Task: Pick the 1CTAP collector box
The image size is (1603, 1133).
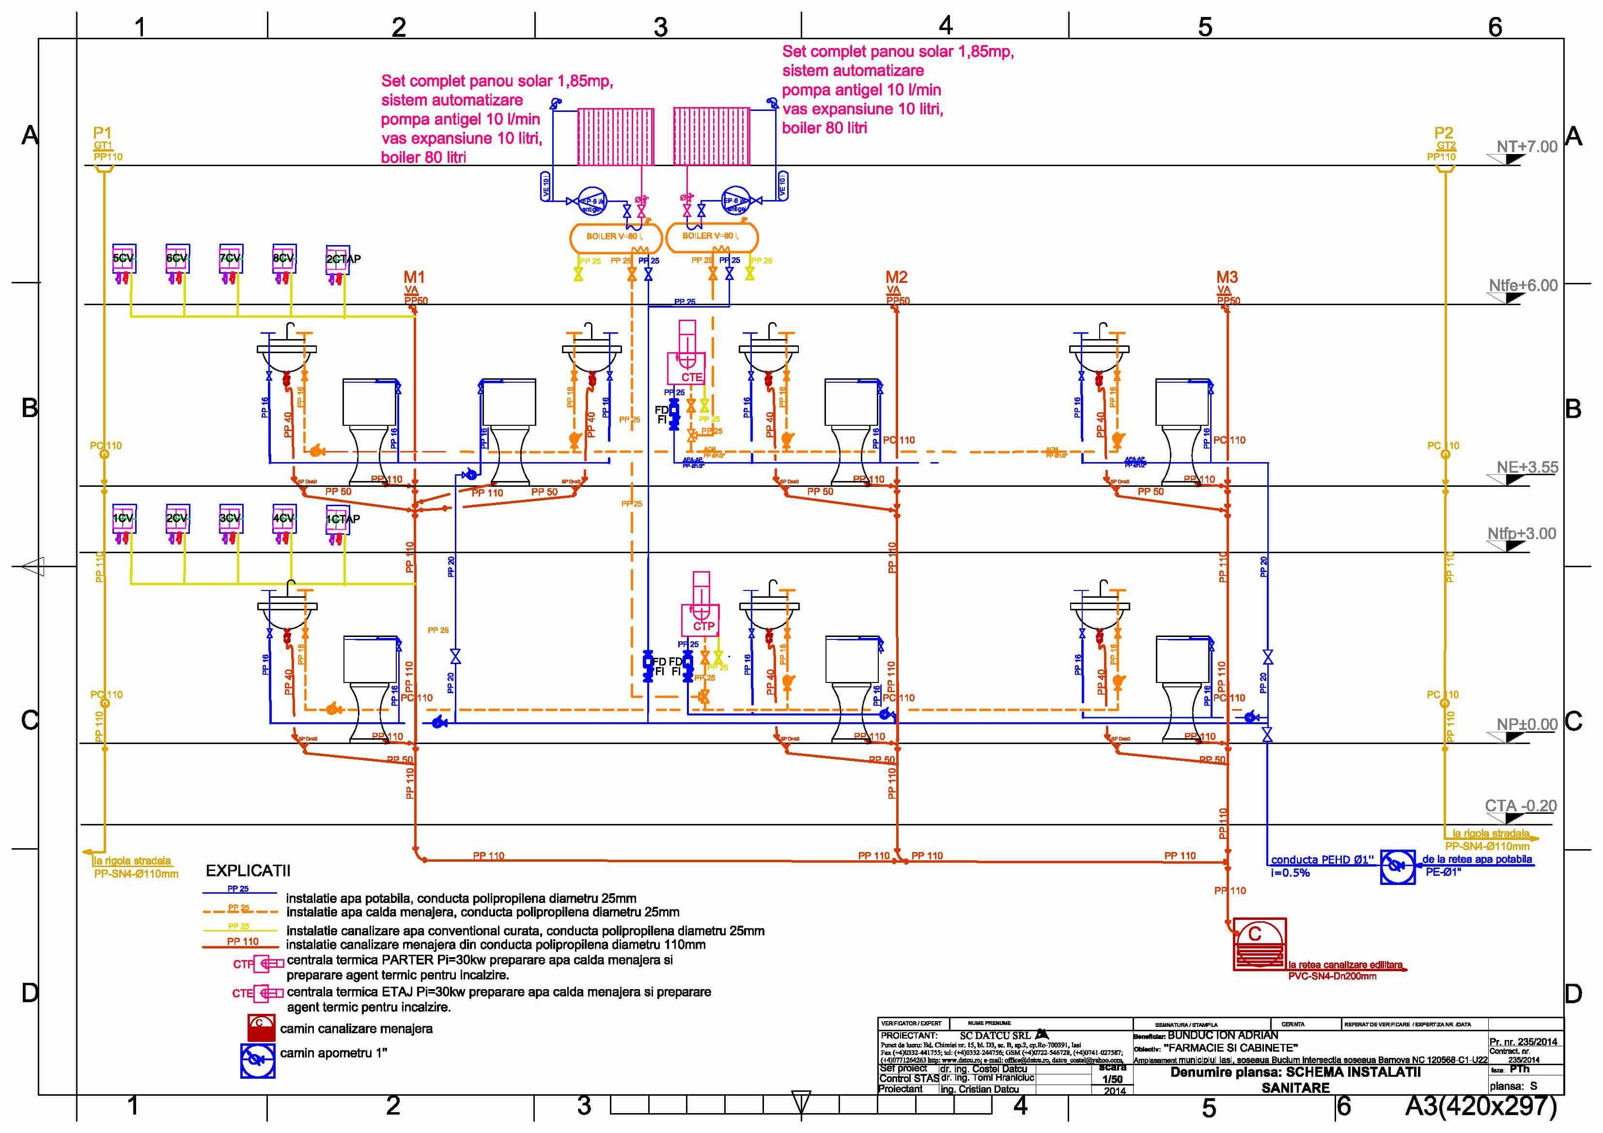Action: coord(338,519)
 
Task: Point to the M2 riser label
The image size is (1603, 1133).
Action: coord(897,277)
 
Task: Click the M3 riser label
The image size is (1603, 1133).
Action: coord(1227,277)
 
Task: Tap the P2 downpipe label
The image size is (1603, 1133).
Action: coord(1443,133)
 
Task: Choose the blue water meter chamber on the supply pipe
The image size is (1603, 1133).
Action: coord(1398,866)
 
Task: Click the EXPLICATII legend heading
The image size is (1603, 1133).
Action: coord(248,870)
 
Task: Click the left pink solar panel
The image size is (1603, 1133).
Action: coord(616,137)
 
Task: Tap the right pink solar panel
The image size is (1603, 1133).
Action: coord(712,137)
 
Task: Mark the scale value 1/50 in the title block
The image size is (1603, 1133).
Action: coord(1112,1079)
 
